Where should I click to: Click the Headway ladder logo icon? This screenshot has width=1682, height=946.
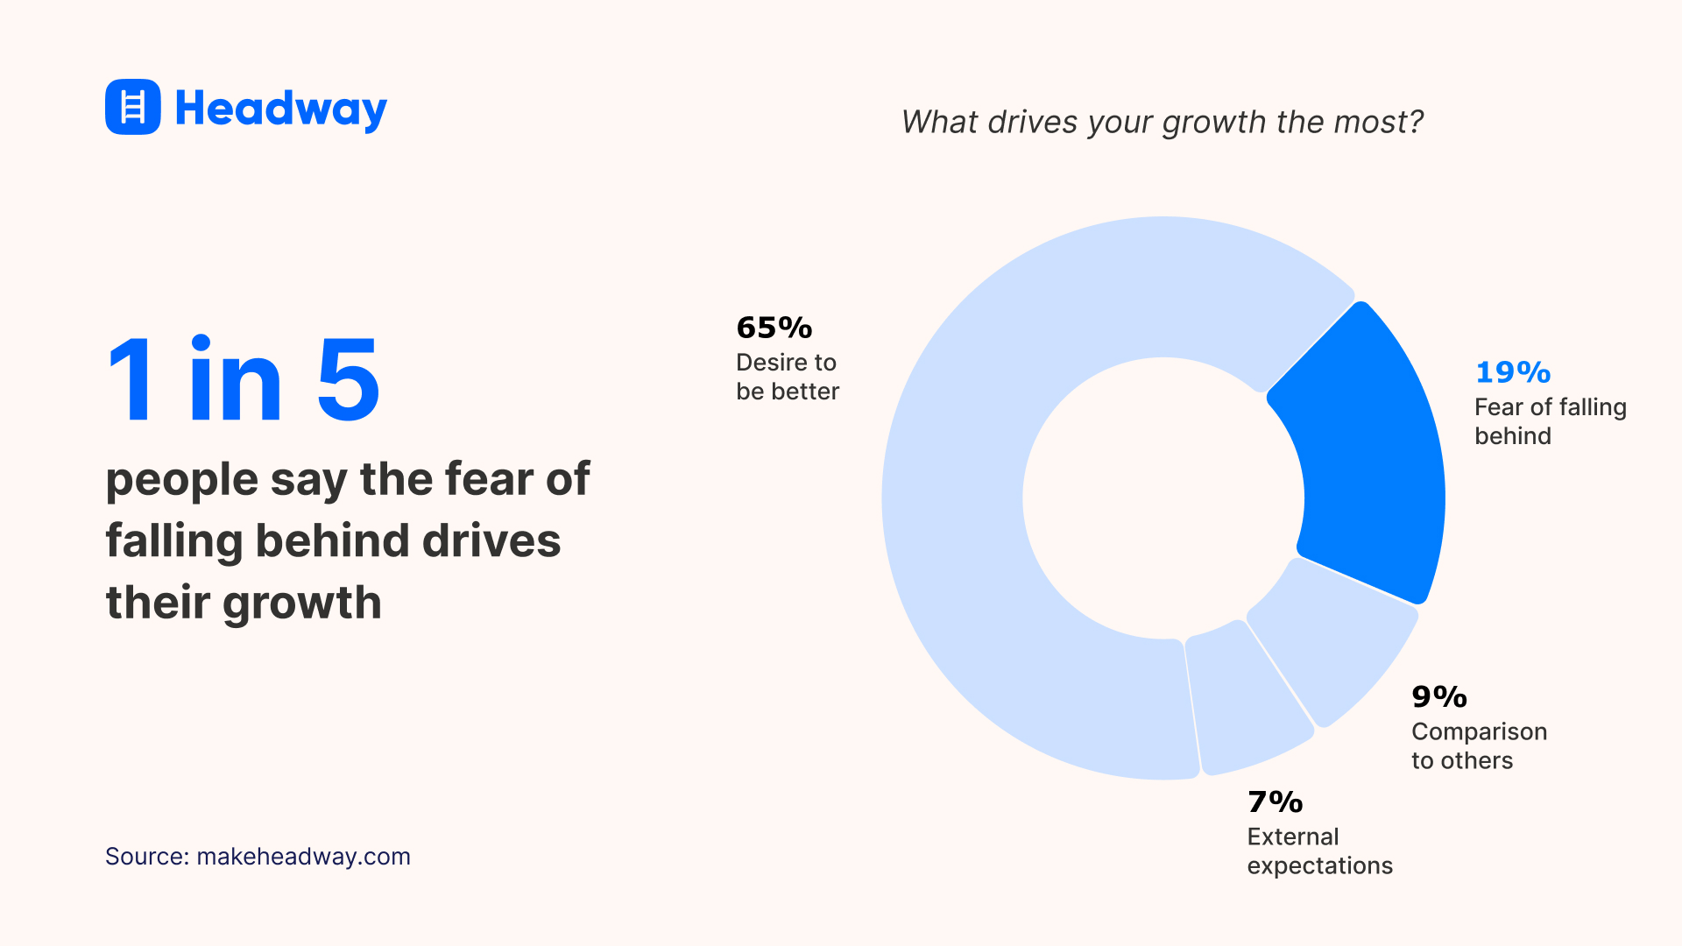click(132, 107)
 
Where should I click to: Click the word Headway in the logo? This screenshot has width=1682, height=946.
click(280, 109)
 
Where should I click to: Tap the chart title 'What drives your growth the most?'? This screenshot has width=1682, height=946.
click(1162, 122)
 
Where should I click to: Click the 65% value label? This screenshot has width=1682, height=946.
click(774, 328)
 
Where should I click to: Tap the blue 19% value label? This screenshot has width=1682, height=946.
click(1513, 372)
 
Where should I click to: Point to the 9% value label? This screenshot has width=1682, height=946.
click(1438, 697)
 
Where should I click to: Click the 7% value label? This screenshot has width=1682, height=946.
click(1275, 802)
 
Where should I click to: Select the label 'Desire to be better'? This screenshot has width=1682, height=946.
click(787, 377)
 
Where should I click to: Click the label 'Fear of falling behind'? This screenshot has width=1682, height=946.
click(1549, 421)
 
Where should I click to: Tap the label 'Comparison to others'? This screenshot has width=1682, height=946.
click(1479, 745)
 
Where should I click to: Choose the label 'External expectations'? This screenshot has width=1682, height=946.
click(1319, 851)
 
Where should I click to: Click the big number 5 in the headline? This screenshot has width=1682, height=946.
click(348, 381)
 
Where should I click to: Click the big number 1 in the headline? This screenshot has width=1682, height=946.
click(131, 381)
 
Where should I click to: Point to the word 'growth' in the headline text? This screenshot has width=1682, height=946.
click(301, 603)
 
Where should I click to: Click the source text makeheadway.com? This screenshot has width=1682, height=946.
click(303, 856)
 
